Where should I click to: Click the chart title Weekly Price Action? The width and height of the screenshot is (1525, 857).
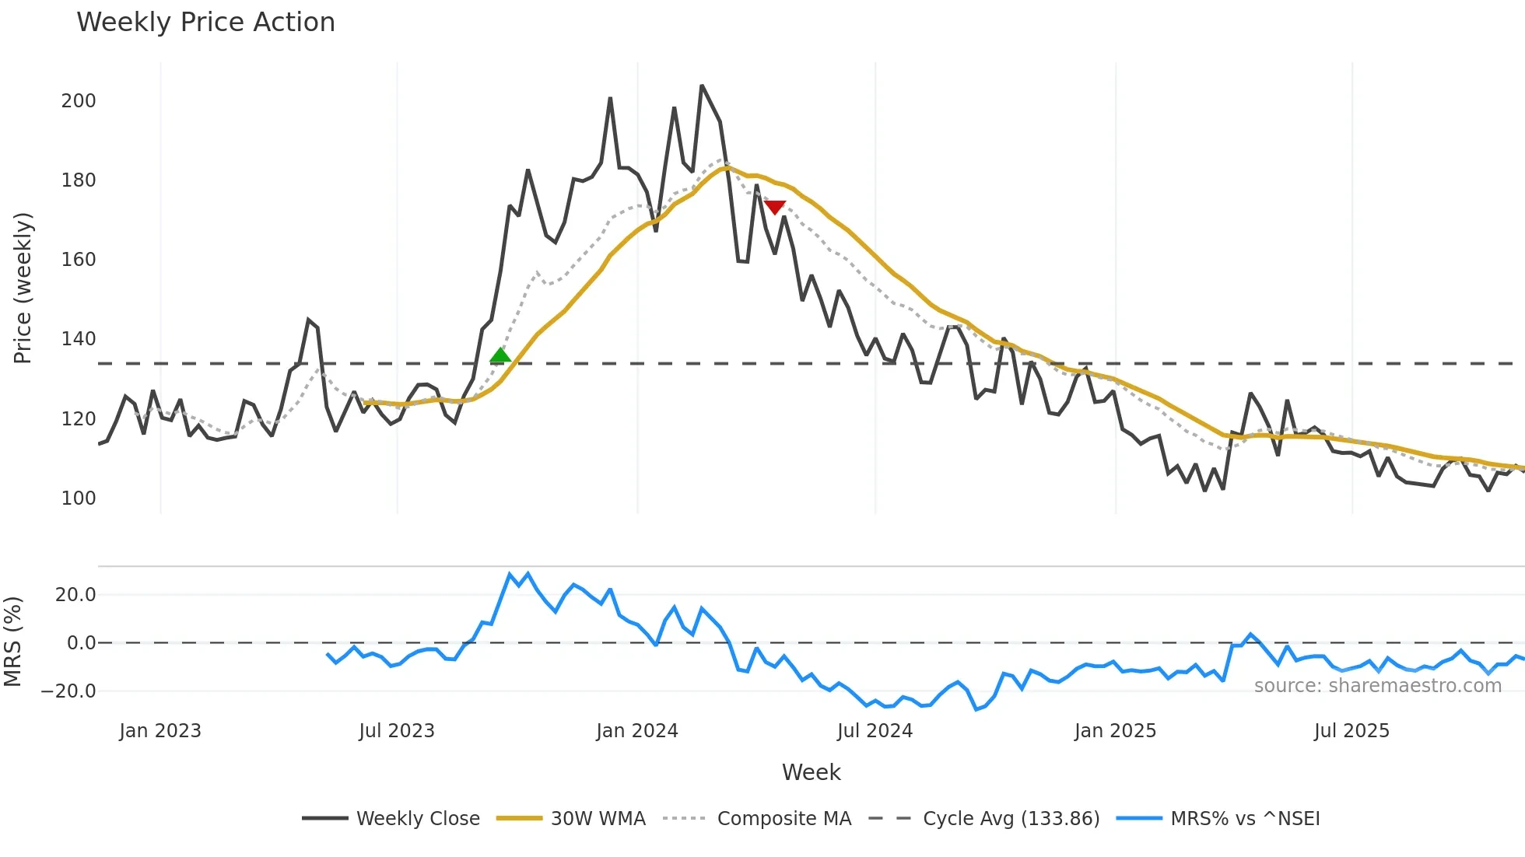pos(205,23)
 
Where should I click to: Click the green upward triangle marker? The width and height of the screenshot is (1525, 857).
pos(500,355)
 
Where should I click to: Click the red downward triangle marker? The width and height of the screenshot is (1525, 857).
pos(775,207)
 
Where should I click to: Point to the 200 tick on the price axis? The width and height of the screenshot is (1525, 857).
pos(79,101)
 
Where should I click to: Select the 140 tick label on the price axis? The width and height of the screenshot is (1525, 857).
pos(79,339)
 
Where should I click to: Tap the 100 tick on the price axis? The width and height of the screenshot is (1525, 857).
pos(79,498)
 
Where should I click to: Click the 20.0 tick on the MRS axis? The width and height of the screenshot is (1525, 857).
pos(75,595)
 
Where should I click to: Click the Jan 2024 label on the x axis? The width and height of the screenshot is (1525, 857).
pos(637,731)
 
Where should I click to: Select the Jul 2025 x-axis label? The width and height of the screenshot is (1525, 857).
pos(1351,731)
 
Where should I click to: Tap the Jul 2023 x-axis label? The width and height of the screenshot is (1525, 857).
pos(397,731)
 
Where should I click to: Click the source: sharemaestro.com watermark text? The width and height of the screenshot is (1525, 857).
pos(1377,686)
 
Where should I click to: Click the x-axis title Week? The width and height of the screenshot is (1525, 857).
pos(811,772)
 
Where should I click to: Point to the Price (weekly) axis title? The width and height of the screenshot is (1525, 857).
pos(23,288)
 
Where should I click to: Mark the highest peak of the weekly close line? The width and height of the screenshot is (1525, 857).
pos(702,86)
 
